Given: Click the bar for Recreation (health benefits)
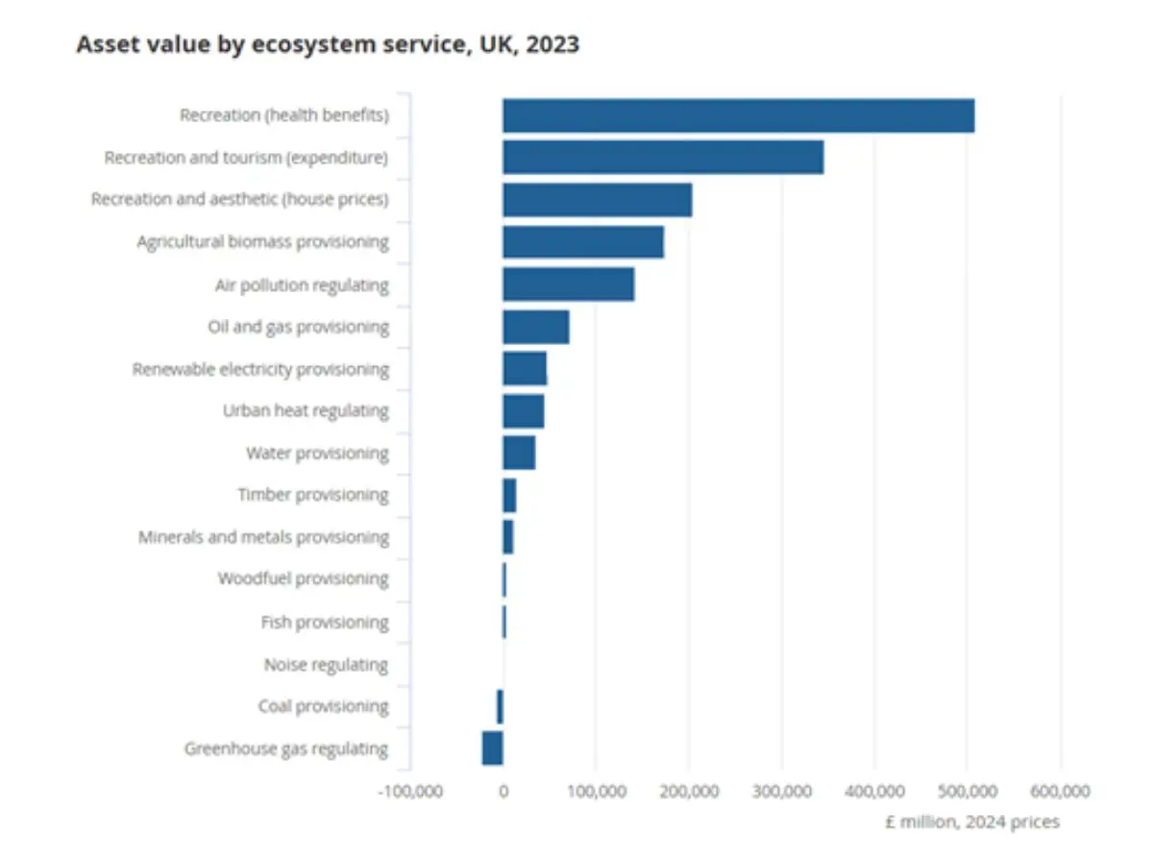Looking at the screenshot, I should (738, 115).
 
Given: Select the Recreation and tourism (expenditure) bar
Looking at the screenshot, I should (663, 158).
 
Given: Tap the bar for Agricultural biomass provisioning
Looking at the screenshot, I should (583, 241).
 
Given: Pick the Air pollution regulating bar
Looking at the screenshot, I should (568, 284).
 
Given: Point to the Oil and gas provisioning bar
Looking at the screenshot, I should (535, 327).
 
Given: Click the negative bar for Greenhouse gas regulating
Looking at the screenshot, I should (492, 748).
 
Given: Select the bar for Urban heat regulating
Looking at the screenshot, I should (523, 410).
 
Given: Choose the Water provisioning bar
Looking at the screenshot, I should (519, 453).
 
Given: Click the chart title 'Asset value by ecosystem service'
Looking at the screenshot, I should (328, 44).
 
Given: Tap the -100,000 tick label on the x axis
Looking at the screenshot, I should (410, 791).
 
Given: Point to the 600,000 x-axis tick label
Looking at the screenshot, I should (1061, 791).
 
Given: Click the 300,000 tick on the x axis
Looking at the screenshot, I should (781, 791).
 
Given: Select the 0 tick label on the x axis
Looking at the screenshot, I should (503, 791).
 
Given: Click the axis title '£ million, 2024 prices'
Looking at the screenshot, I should (971, 822).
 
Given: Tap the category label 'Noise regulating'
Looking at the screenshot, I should (326, 664).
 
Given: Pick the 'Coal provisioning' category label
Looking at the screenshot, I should (323, 706).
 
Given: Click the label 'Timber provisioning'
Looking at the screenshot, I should (313, 495).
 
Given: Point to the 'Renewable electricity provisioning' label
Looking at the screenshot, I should (260, 369).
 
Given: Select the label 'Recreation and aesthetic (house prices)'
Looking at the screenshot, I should (240, 200).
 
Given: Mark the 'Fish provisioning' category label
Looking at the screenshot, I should (325, 622).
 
